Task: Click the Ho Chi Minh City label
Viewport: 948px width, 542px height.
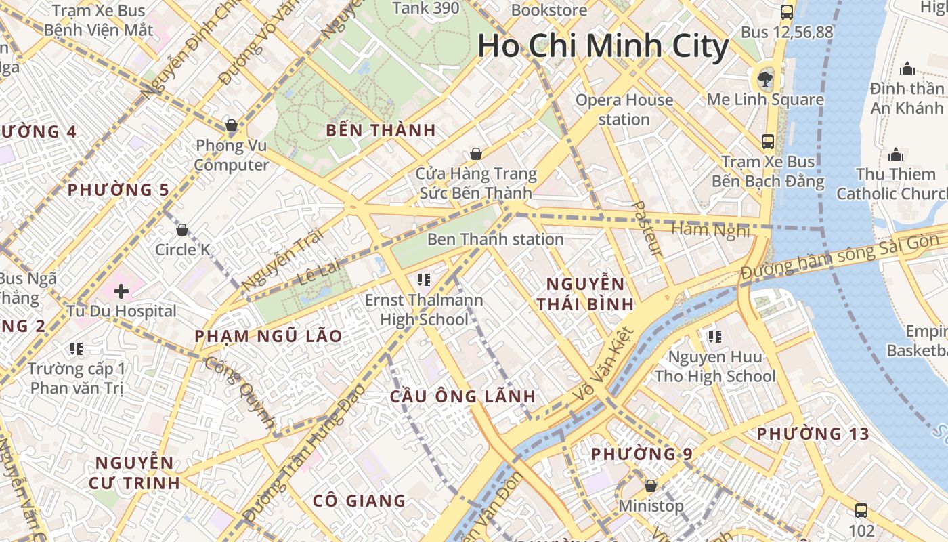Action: pyautogui.click(x=603, y=46)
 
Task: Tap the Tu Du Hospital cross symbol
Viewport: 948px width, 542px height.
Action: pyautogui.click(x=121, y=292)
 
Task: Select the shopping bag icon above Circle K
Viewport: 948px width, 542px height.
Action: pyautogui.click(x=181, y=230)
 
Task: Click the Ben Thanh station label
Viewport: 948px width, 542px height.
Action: pyautogui.click(x=495, y=239)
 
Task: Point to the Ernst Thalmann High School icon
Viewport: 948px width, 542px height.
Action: pyautogui.click(x=424, y=279)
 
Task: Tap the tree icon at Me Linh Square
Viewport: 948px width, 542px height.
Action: pyautogui.click(x=765, y=79)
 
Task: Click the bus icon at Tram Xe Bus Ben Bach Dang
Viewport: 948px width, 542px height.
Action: pyautogui.click(x=768, y=141)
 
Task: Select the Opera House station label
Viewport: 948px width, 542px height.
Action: pyautogui.click(x=624, y=110)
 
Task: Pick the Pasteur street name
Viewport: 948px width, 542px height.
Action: pyautogui.click(x=646, y=228)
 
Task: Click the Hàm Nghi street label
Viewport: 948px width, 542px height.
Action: pyautogui.click(x=710, y=230)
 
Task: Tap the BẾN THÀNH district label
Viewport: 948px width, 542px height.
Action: pyautogui.click(x=381, y=131)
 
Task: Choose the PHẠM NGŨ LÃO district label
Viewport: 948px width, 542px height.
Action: pyautogui.click(x=268, y=336)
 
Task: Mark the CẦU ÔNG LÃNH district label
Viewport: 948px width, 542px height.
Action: pyautogui.click(x=462, y=397)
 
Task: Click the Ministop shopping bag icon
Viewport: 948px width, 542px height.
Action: pyautogui.click(x=651, y=486)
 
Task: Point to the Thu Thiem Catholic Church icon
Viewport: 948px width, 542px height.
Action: pyautogui.click(x=896, y=154)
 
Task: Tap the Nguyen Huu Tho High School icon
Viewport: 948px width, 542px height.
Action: pyautogui.click(x=715, y=336)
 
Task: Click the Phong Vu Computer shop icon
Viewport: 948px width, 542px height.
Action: pyautogui.click(x=232, y=125)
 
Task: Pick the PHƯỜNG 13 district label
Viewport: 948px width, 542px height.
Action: pyautogui.click(x=813, y=434)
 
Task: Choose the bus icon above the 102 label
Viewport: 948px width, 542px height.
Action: pyautogui.click(x=861, y=510)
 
